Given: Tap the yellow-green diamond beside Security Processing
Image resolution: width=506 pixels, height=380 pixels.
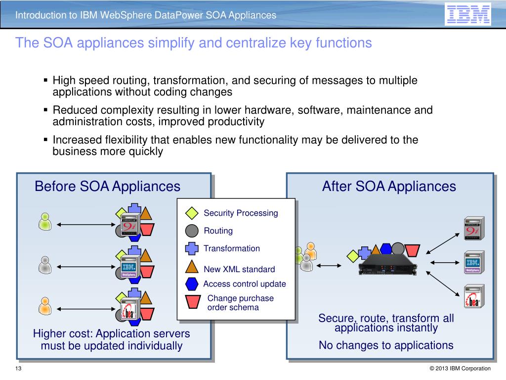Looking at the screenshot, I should (191, 213).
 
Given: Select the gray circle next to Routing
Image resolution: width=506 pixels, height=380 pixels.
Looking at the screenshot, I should (191, 231).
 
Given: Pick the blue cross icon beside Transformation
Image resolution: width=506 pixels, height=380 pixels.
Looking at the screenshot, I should (191, 248).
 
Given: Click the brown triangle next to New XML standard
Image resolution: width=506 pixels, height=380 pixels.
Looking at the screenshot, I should (191, 268).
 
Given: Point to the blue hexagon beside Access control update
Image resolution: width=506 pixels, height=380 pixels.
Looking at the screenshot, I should (192, 284).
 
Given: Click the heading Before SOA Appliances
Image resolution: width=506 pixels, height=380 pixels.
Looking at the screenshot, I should (107, 187).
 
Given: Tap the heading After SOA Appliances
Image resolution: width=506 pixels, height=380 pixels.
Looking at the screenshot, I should (389, 187).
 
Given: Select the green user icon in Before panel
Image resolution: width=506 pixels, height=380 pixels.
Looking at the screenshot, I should (45, 222).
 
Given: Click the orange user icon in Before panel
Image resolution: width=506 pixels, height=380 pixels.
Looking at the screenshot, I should (45, 305).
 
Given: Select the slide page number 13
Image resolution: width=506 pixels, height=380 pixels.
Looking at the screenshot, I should (18, 368).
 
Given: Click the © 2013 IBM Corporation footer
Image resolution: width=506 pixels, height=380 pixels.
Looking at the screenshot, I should (460, 368).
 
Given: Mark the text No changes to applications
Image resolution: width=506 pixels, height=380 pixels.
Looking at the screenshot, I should (386, 345).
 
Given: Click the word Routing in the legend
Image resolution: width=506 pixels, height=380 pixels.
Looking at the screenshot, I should (218, 231).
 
